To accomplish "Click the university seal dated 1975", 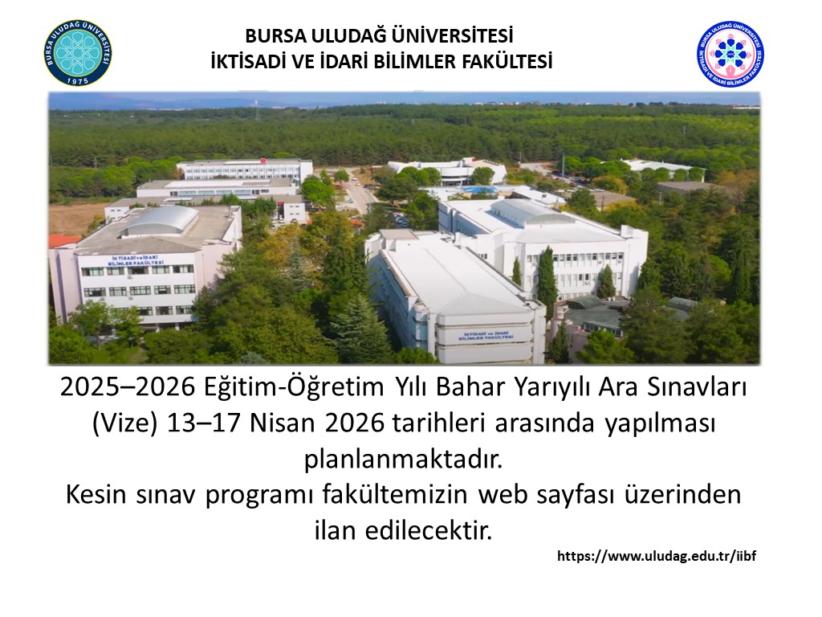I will [x=78, y=53].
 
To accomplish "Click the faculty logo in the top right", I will [x=730, y=53].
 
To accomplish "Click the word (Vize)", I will [x=125, y=423].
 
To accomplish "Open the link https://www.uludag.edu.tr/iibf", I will [x=657, y=555].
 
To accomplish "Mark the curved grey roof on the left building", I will [x=158, y=220].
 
